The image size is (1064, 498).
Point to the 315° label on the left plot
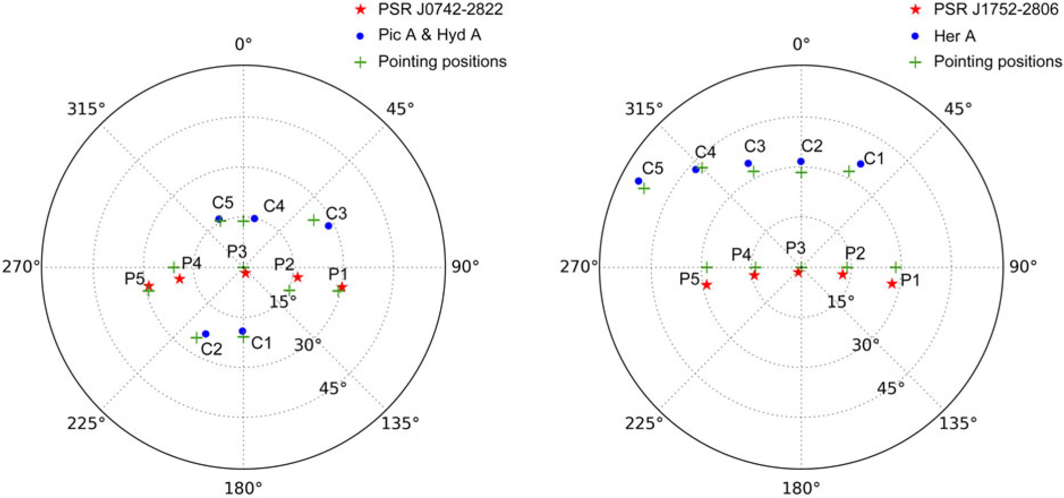86,109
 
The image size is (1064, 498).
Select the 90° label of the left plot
465,266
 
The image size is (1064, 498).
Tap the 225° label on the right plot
644,422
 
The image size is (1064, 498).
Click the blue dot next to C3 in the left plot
328,226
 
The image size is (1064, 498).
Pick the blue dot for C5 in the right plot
639,181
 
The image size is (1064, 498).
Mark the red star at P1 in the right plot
892,284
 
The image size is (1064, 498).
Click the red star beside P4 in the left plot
179,279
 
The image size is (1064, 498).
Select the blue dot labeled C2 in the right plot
801,162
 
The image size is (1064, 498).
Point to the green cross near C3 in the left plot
314,220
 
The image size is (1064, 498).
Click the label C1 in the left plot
262,343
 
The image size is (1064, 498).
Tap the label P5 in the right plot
689,279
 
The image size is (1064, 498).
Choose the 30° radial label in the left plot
308,344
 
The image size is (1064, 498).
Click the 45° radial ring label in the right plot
891,388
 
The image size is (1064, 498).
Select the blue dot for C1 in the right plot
861,164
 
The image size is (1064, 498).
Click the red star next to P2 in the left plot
298,277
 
